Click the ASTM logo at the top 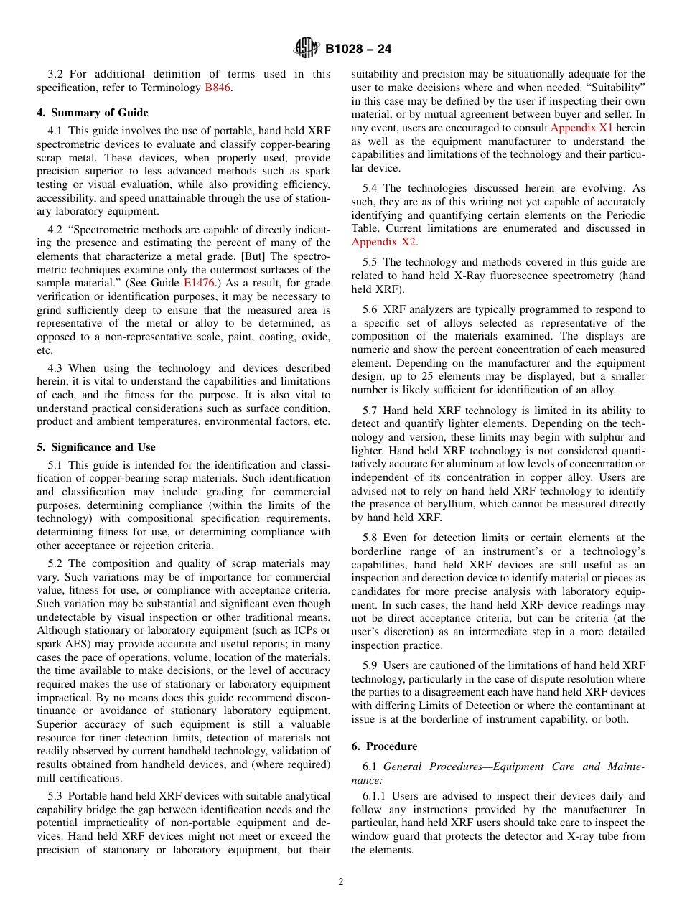[307, 49]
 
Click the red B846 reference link [218, 88]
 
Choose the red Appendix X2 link [383, 242]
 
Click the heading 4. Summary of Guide [93, 113]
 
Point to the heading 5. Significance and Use [96, 447]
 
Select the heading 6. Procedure [384, 746]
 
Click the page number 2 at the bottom [341, 882]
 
